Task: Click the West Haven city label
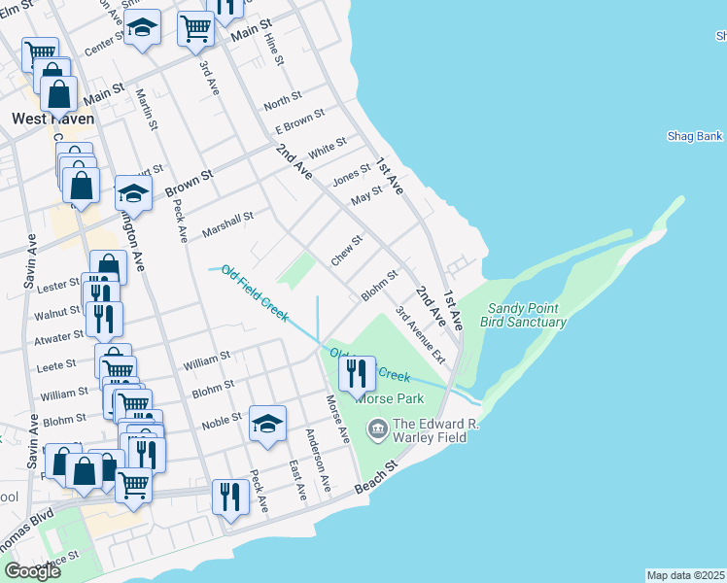[53, 119]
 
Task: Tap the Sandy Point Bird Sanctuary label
[526, 315]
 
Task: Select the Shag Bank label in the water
[695, 136]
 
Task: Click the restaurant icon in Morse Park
[356, 371]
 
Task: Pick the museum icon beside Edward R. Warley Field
[377, 426]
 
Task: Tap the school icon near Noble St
[268, 423]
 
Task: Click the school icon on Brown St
[133, 191]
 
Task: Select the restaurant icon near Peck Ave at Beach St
[230, 496]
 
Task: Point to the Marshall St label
[227, 225]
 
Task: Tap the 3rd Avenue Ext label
[420, 335]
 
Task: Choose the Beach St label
[377, 476]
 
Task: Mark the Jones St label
[352, 174]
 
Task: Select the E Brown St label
[298, 122]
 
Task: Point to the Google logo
[32, 571]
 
